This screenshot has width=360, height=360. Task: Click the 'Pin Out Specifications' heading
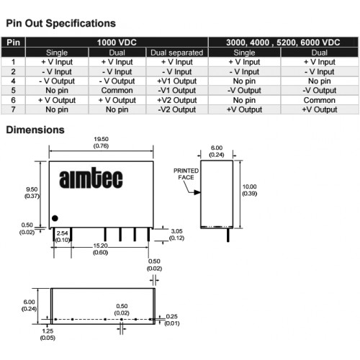60,23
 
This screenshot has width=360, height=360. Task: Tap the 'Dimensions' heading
35,130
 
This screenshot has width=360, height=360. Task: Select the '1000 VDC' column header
117,42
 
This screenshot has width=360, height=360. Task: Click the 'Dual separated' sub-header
177,53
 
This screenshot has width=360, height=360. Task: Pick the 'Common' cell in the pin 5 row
117,91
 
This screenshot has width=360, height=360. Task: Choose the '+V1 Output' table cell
177,81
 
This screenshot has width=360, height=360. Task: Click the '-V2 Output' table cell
177,109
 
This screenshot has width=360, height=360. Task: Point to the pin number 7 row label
13,109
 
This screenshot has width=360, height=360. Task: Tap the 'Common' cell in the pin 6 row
320,100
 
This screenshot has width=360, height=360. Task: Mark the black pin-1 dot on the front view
55,218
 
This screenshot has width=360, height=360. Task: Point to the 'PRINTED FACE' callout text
186,174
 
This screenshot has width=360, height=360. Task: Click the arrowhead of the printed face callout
197,192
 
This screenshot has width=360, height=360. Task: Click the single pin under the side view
228,235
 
